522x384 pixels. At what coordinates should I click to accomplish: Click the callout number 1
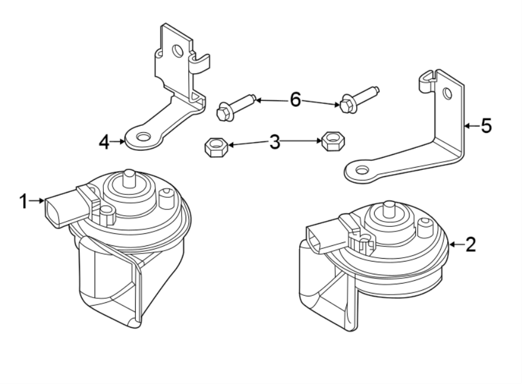(23, 201)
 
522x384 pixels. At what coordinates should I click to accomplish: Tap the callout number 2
(470, 244)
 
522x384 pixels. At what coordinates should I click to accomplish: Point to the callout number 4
(104, 141)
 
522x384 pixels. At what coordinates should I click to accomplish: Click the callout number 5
(486, 125)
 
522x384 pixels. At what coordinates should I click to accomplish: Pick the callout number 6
(295, 100)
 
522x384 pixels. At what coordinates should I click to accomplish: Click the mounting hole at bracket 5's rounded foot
(361, 170)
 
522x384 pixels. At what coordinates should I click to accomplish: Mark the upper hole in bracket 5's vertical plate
(447, 93)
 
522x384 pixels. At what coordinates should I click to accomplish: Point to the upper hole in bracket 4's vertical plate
(179, 50)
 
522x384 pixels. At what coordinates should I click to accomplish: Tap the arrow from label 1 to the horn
(38, 201)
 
